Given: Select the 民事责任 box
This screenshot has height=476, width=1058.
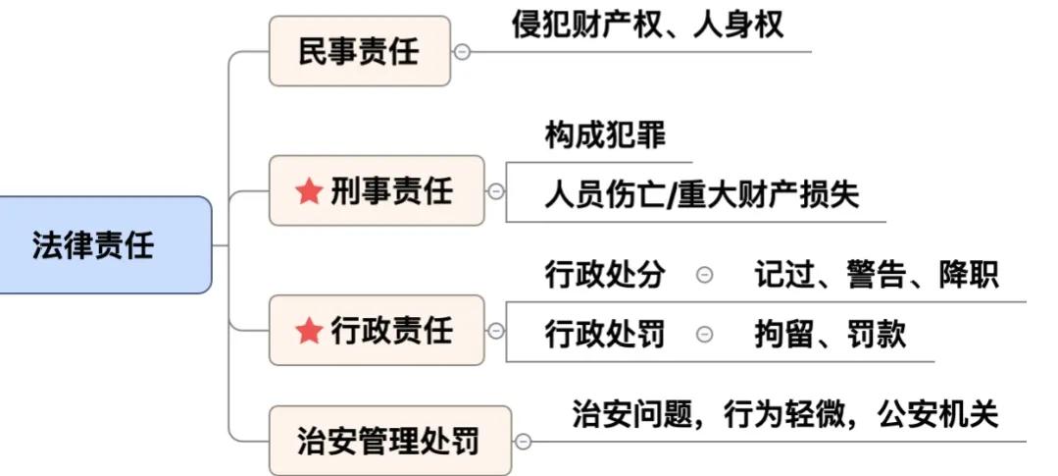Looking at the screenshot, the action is coord(359,51).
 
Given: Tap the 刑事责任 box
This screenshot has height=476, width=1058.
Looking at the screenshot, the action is coord(377,190).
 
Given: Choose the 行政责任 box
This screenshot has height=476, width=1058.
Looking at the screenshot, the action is coord(377,331).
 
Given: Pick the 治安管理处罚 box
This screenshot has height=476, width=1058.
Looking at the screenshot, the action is coord(389,441).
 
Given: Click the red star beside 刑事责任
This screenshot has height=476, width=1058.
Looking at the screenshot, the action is coord(309,191).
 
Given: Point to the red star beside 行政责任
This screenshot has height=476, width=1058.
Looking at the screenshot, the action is coord(309,332).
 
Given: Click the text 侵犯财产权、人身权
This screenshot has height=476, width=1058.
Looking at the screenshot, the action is coord(648,25).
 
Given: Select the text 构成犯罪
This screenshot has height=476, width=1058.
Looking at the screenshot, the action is coord(605,136).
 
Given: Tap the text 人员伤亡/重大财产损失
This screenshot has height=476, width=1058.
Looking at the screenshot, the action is coord(701,194).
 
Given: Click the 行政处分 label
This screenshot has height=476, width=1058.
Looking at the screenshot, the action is coord(605,276).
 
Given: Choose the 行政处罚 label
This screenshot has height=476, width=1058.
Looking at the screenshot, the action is coord(605,334).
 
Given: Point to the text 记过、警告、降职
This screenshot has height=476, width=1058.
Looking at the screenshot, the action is coord(877,276).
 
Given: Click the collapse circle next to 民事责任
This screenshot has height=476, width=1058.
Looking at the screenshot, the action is coord(462,52).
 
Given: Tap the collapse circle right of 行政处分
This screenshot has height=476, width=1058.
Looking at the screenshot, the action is coord(704,276).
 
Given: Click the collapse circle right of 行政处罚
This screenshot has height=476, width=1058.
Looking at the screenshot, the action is coord(704,335).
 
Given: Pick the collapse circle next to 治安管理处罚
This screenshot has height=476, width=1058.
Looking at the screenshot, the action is coord(524,442).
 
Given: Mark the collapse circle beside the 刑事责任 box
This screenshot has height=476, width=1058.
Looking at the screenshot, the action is coord(496,191).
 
